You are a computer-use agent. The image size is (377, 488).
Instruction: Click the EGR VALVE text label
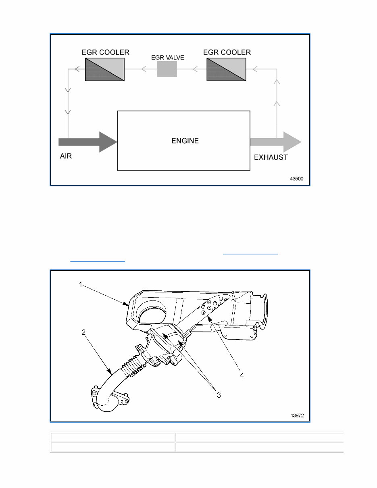tap(167, 58)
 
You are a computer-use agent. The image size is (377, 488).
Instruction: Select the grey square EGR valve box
tap(167, 69)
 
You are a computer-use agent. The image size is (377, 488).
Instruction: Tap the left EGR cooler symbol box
tap(104, 69)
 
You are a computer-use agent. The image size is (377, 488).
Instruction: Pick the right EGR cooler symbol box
tap(226, 69)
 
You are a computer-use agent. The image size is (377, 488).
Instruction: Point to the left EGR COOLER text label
tap(105, 52)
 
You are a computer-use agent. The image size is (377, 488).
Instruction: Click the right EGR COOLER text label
tap(227, 52)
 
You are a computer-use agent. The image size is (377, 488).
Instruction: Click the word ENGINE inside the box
tap(185, 141)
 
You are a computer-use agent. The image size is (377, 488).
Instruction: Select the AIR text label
tap(66, 156)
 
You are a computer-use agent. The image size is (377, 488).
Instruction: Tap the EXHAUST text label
tap(271, 157)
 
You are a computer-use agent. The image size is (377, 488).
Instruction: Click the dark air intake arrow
tap(87, 142)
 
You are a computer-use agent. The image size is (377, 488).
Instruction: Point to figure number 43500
tap(298, 178)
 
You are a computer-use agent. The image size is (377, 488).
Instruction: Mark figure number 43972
tap(298, 415)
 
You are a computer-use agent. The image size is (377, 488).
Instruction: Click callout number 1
tap(80, 284)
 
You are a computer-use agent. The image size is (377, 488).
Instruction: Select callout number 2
tap(83, 332)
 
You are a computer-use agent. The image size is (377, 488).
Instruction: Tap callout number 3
tap(219, 395)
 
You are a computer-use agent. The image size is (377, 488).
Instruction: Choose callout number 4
tap(242, 375)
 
